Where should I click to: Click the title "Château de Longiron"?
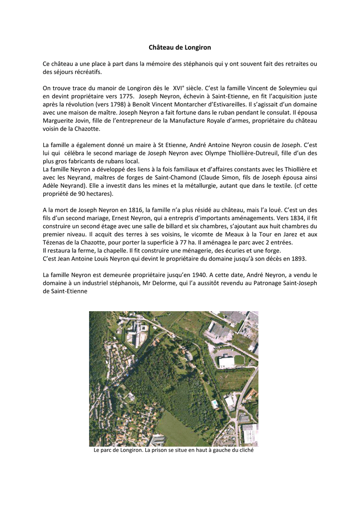(180, 47)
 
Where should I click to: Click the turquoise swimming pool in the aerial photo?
(214, 404)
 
